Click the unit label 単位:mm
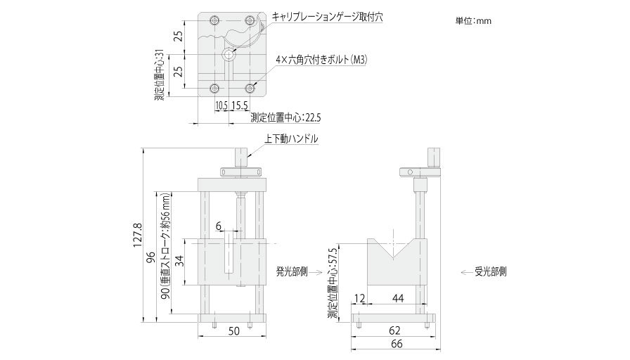(x=472, y=21)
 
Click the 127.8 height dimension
(x=138, y=236)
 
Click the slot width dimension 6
(x=219, y=226)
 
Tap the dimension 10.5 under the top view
(x=220, y=105)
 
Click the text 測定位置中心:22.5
(x=281, y=117)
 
